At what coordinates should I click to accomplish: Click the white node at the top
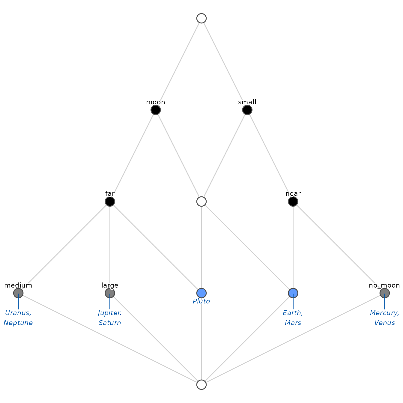coord(201,18)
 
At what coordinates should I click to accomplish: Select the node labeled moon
coord(156,110)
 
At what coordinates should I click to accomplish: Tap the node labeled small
coord(247,110)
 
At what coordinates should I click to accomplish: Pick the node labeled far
coord(110,201)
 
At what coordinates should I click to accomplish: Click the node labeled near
coord(293,201)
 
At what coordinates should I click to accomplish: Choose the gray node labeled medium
coord(18,293)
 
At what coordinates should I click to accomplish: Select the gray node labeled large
coord(110,293)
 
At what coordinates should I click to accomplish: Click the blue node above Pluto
coord(201,293)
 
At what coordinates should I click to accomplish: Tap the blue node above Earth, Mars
coord(293,293)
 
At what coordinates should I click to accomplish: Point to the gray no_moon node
coord(384,293)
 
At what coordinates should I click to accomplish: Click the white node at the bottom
coord(201,384)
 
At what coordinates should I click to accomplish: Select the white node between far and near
coord(201,201)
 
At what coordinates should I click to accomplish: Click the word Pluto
coord(201,301)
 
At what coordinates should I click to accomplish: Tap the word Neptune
coord(18,323)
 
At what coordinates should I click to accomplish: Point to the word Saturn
coord(110,323)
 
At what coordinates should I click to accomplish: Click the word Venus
coord(384,323)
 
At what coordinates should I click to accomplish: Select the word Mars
coord(293,323)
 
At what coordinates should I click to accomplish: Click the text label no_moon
coord(384,285)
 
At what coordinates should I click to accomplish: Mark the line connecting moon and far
coord(133,156)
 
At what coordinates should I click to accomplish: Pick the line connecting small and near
coord(270,156)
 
